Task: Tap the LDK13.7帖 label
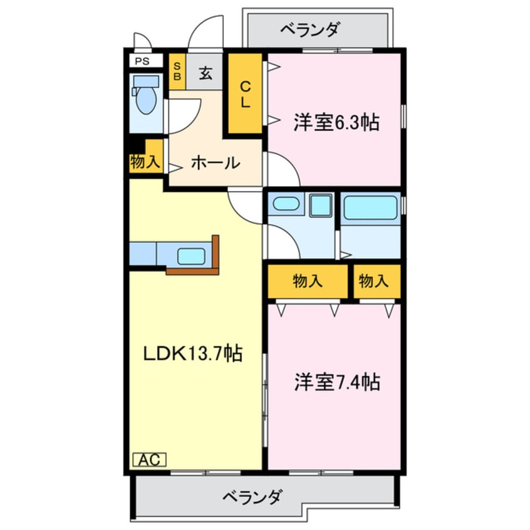(193, 354)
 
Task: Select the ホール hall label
(214, 163)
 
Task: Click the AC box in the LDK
(149, 460)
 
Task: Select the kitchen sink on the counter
(191, 256)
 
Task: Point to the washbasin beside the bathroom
(287, 204)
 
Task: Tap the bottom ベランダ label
(252, 498)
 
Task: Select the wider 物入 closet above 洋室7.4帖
(308, 281)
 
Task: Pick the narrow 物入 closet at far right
(375, 281)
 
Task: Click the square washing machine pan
(322, 205)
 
